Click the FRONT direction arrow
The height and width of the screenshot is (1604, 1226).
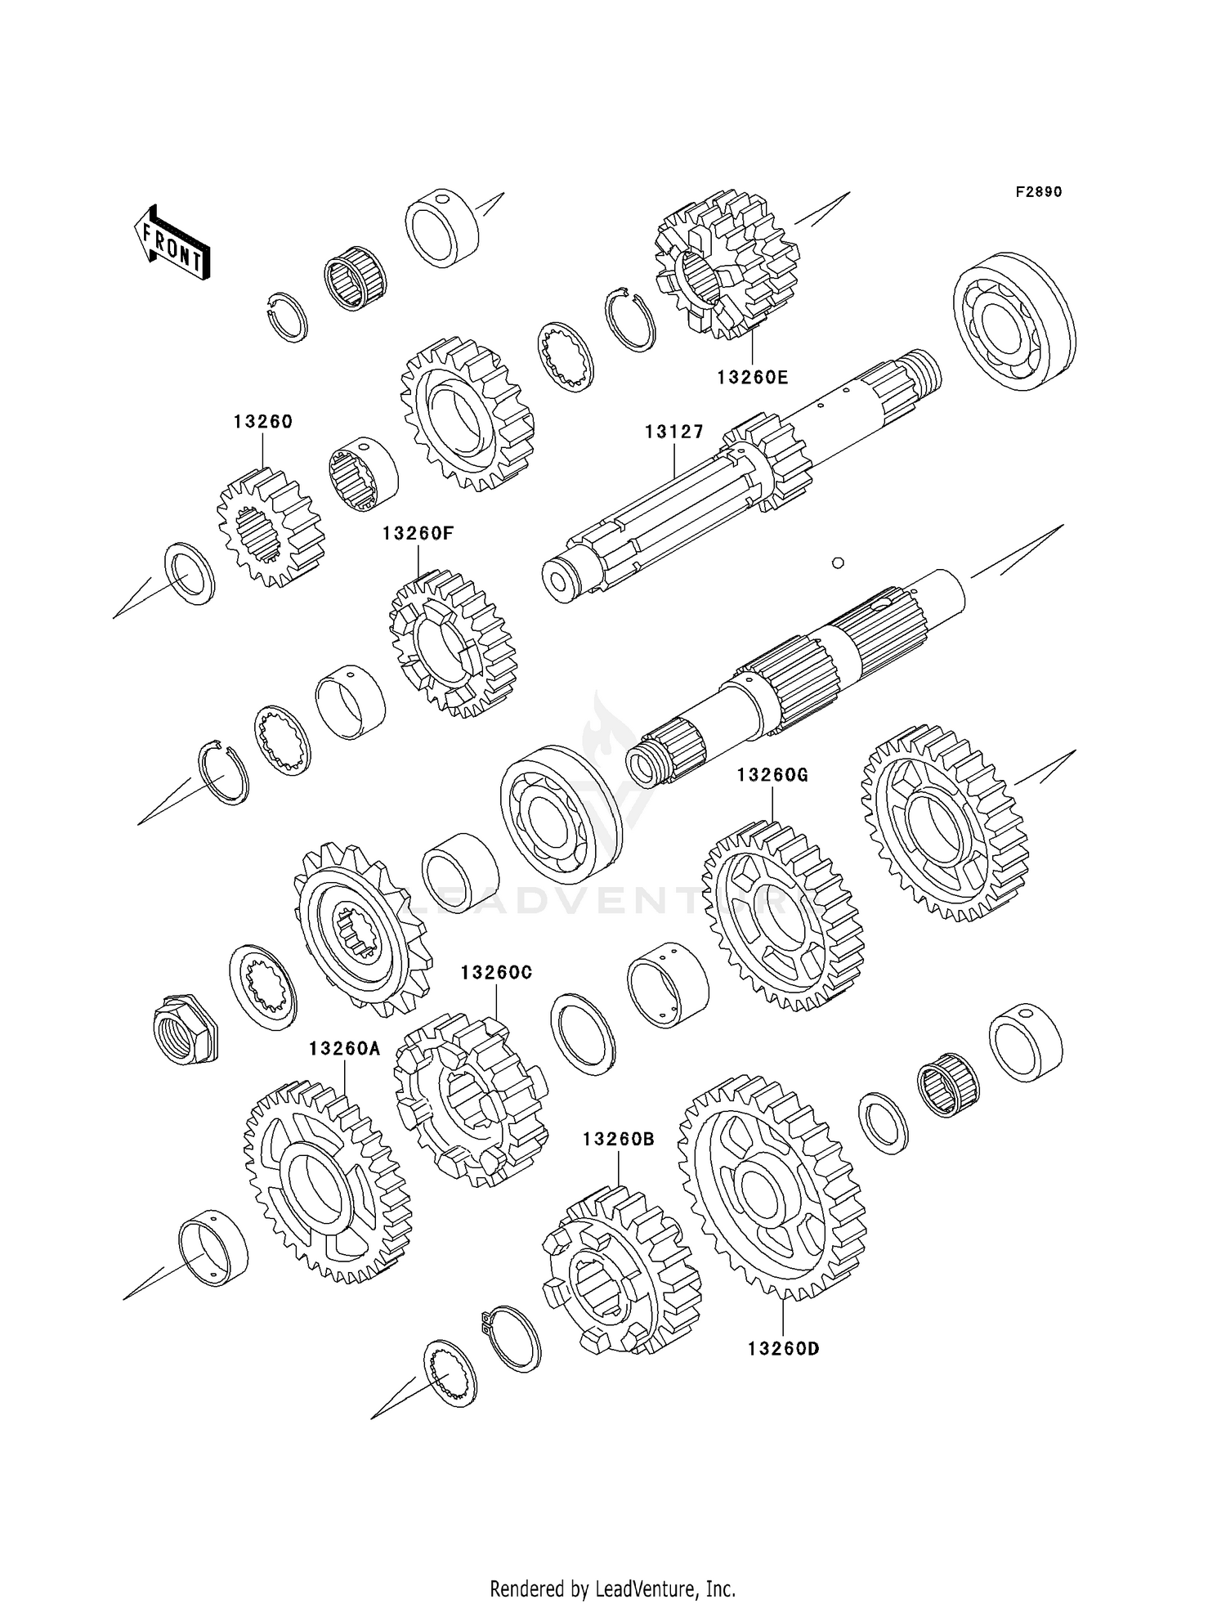pos(172,244)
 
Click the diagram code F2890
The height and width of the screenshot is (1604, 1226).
pos(1038,192)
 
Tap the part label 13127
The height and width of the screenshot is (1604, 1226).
pos(673,432)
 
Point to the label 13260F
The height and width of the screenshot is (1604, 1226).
pos(418,533)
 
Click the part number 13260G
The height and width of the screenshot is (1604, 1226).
pos(772,774)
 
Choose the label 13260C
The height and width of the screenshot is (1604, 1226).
pos(496,972)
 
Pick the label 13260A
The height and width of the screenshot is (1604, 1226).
pos(344,1048)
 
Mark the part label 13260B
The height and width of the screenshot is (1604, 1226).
pos(619,1139)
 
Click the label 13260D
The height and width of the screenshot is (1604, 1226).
pos(783,1348)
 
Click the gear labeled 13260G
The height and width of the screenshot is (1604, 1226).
pos(781,916)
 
